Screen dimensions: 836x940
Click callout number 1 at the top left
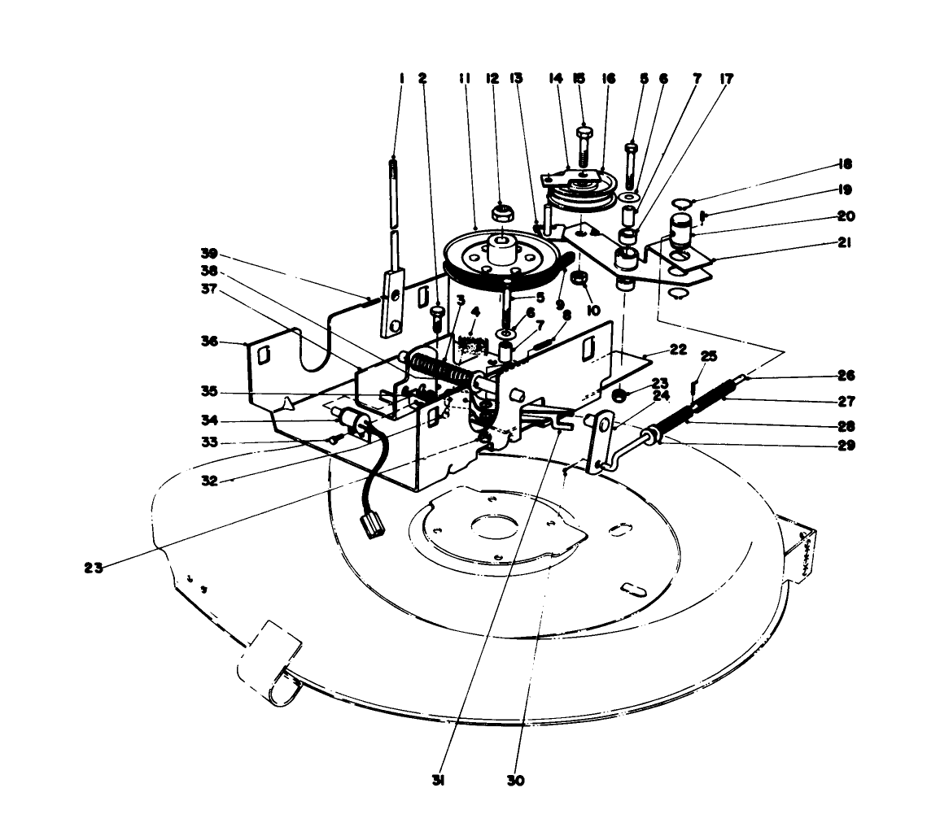(401, 79)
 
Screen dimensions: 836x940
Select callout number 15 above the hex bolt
(580, 79)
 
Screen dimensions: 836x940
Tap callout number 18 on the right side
(844, 163)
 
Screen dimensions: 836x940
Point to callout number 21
(844, 242)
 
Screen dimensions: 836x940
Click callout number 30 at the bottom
(514, 781)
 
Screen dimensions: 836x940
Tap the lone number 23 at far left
(94, 568)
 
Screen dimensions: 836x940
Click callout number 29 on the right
(844, 445)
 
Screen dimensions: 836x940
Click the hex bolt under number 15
(584, 146)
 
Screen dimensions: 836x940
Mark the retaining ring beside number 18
(681, 202)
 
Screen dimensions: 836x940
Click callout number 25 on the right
(708, 356)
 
